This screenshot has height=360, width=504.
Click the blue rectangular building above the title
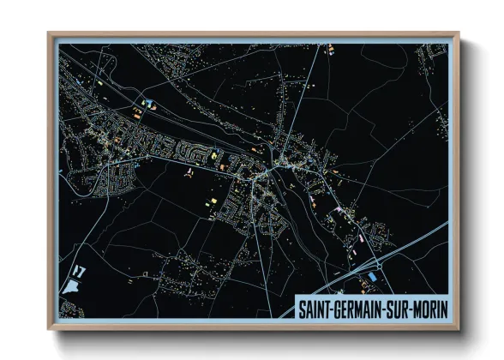[x=374, y=278]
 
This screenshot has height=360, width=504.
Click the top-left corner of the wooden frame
[x=50, y=35]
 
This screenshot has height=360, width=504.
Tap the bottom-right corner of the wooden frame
[x=459, y=328]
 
